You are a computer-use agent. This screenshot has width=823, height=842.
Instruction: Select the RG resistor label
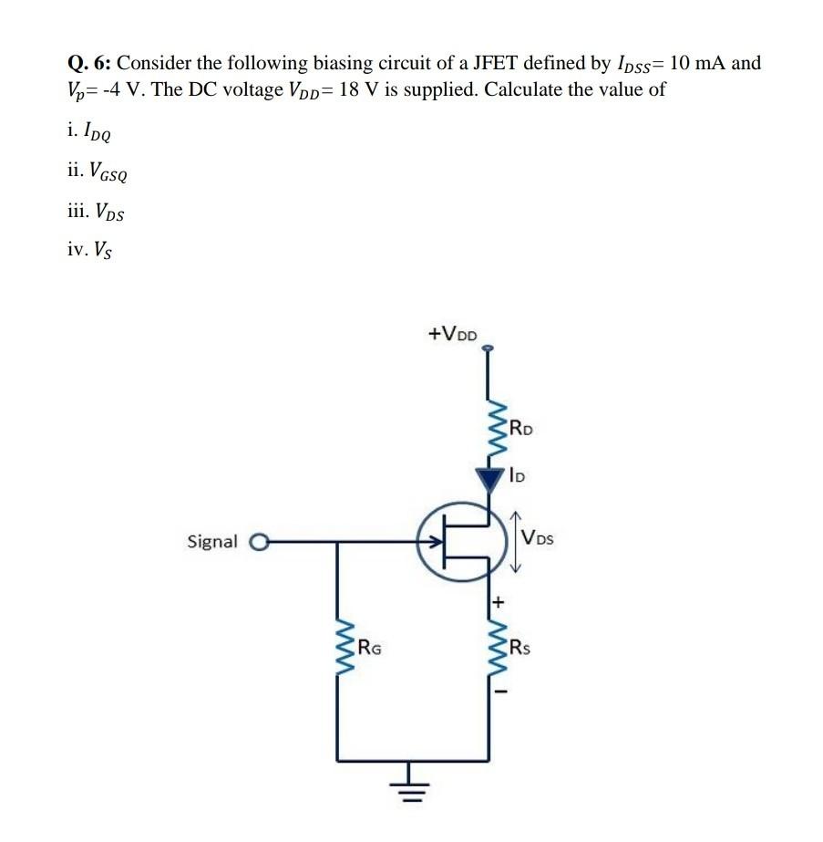coord(369,649)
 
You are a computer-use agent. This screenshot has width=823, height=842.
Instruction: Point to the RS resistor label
coord(520,649)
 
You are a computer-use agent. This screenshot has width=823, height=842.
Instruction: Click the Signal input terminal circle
coord(257,542)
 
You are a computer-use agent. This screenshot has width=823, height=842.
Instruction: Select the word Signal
coord(211,542)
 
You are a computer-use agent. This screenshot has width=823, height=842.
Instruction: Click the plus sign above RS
coord(499,603)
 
